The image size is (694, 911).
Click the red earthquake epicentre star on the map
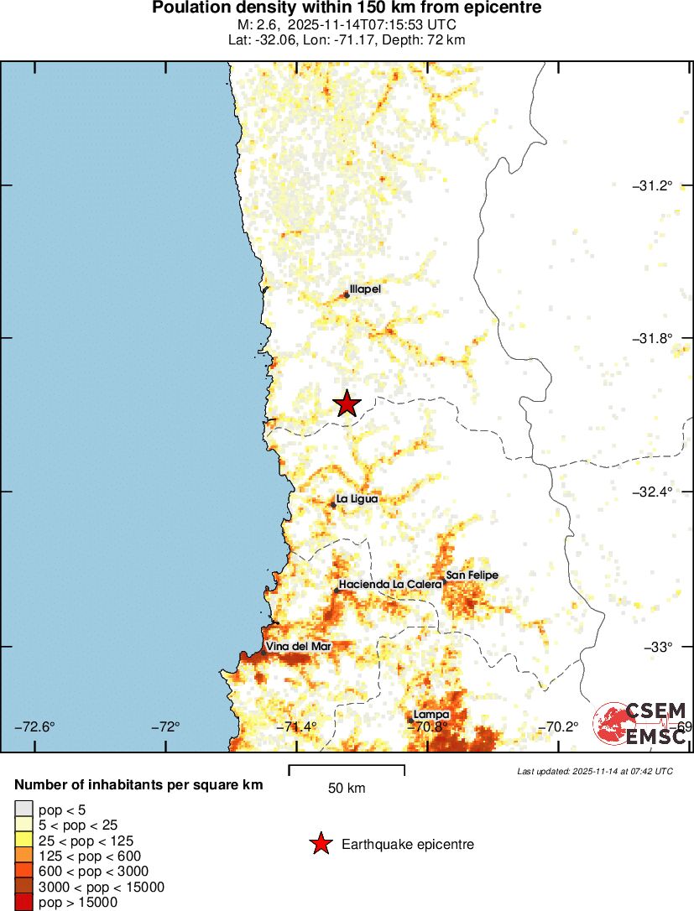[347, 403]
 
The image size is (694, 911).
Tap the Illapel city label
[365, 289]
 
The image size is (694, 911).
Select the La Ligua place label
[357, 499]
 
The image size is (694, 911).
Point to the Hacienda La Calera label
[390, 584]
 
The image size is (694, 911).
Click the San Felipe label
[472, 575]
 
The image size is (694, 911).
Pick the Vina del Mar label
[299, 646]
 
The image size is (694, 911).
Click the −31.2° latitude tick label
[652, 185]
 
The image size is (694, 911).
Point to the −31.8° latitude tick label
[652, 338]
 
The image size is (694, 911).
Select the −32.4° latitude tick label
[652, 492]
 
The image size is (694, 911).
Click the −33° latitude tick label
[657, 646]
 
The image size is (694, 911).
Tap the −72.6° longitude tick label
[35, 726]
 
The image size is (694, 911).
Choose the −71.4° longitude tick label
[301, 726]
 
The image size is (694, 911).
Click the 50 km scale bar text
[346, 789]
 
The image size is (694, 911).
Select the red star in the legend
[320, 844]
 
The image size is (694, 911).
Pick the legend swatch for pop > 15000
[23, 903]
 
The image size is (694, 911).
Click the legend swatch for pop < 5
[23, 809]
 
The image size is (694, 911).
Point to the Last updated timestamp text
[594, 771]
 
